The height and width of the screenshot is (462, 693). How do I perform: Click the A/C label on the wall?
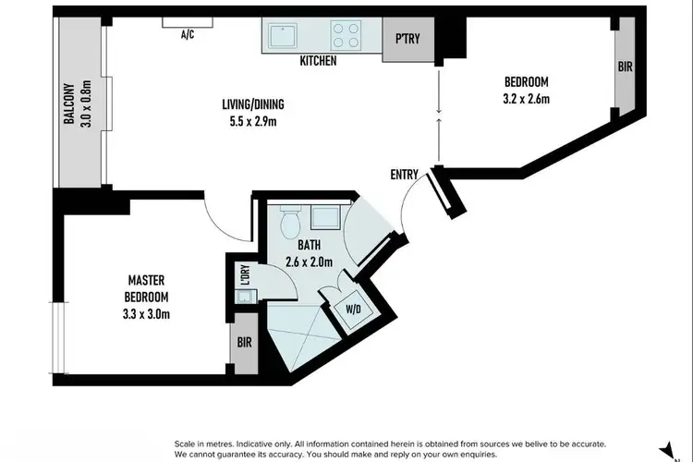[187, 36]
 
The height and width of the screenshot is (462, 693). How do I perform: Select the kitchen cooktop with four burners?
[346, 36]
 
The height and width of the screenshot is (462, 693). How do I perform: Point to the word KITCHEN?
[317, 62]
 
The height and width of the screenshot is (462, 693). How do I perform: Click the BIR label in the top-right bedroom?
[625, 67]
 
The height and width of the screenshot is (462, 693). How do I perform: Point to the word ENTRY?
[404, 173]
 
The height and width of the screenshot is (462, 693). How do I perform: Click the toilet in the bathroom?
[288, 223]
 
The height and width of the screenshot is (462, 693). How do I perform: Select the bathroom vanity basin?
[324, 218]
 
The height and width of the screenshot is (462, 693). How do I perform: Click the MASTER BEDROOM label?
[147, 289]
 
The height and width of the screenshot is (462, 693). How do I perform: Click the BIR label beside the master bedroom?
[242, 342]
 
